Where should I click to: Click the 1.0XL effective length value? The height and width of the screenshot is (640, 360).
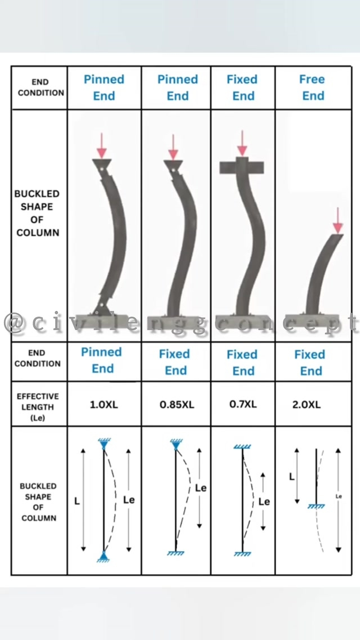pos(104,404)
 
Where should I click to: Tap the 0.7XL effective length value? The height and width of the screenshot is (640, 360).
pos(243,404)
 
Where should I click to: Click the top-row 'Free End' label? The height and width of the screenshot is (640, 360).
pos(312,87)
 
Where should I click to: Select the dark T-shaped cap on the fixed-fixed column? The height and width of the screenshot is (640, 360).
pos(241,166)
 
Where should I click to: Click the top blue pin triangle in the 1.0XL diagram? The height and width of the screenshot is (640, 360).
pos(103,444)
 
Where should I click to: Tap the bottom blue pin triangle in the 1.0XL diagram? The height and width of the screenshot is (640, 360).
pos(103,556)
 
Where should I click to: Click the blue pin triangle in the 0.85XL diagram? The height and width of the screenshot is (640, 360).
pos(176,445)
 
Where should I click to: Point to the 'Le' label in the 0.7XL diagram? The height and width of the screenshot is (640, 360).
pos(264,502)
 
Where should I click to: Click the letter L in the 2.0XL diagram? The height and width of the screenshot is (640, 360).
pos(291,476)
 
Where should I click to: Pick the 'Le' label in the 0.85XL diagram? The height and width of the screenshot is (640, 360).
pos(201,488)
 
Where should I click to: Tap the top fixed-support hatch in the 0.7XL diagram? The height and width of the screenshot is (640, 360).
pos(242,447)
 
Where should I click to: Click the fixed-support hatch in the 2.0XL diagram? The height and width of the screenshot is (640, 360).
pos(316,506)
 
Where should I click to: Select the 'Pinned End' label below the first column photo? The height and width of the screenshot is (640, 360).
pos(102,360)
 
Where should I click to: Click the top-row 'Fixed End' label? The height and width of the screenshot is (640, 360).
pos(242,87)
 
